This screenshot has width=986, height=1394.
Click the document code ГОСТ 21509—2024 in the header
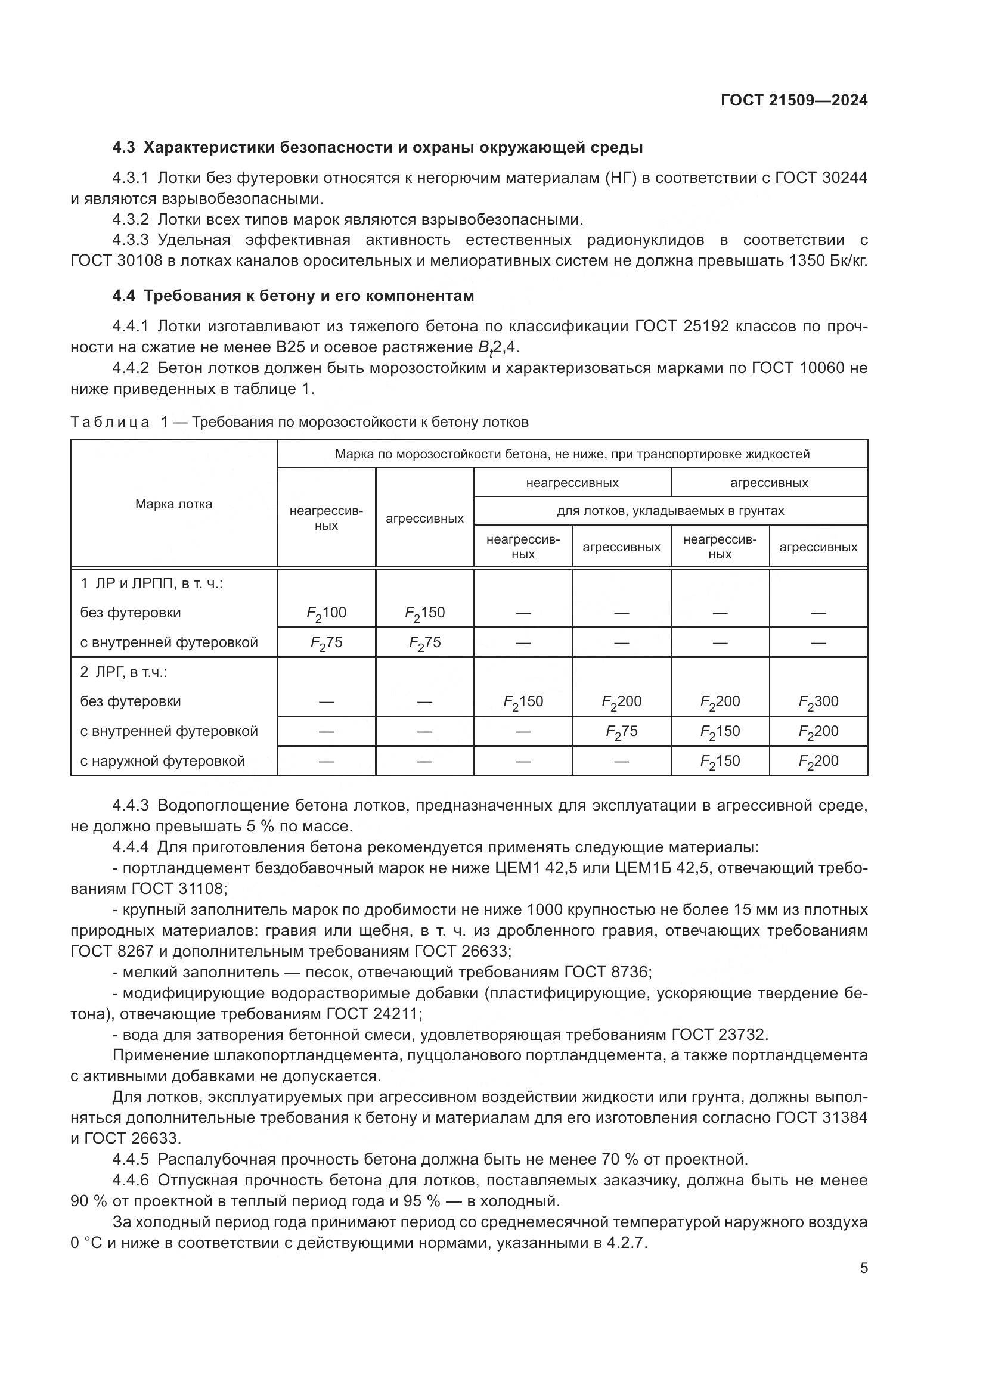point(794,101)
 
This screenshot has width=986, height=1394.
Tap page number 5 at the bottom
point(864,1268)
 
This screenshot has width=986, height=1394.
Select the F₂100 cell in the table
point(326,613)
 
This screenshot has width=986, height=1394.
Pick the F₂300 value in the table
point(818,702)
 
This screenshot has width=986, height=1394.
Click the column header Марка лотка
point(173,504)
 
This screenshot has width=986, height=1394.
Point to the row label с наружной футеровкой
point(163,761)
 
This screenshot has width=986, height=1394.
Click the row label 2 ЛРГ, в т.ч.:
point(124,673)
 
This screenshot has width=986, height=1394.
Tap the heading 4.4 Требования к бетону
point(293,296)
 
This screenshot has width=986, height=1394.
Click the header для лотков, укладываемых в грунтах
point(670,511)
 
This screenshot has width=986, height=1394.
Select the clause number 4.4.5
point(131,1160)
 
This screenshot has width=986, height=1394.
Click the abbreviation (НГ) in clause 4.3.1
point(622,178)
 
